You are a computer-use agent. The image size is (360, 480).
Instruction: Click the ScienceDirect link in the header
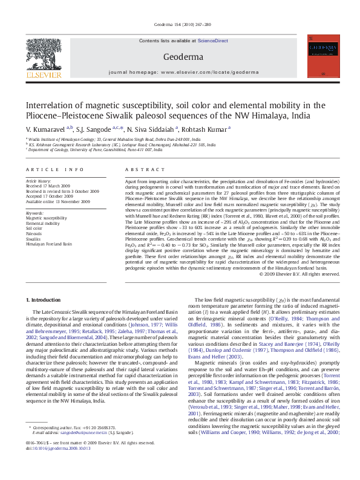click(x=212, y=40)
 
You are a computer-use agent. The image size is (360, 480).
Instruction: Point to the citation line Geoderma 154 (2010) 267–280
click(x=180, y=25)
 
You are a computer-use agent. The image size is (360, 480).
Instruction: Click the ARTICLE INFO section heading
click(x=48, y=171)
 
